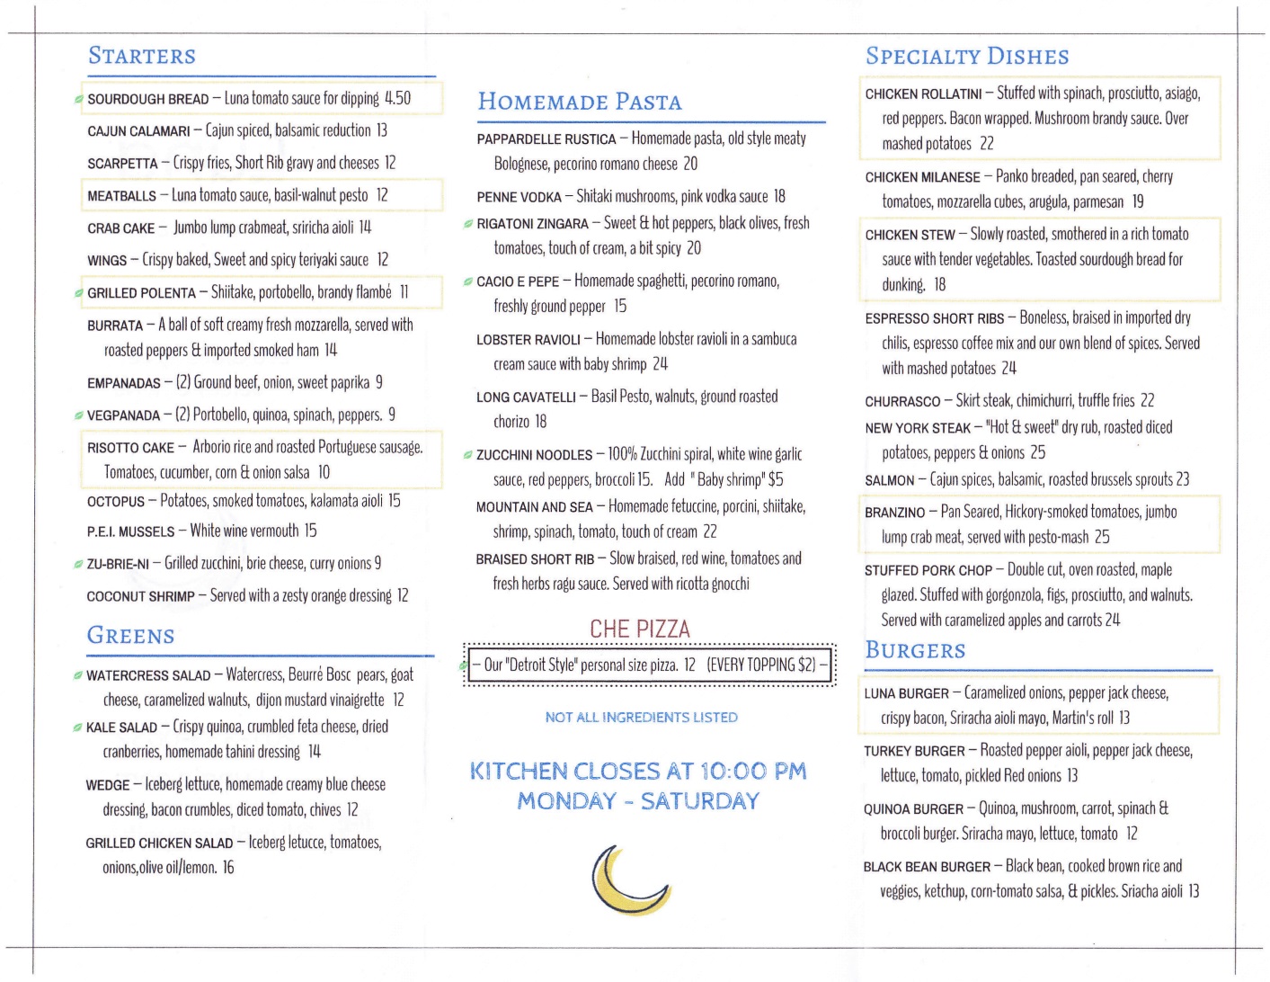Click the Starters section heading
point(142,56)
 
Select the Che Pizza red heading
point(639,629)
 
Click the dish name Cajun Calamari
point(138,131)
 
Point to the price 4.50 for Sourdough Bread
point(397,98)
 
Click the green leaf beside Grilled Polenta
point(79,293)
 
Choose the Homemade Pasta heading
point(580,102)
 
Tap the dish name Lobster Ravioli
point(528,340)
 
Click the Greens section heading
point(131,636)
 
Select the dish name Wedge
point(108,785)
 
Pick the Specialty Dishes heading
point(967,56)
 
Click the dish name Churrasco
point(902,402)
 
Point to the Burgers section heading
point(915,650)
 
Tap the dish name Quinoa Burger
point(913,809)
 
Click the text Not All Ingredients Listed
point(641,718)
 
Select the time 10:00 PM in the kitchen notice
point(753,771)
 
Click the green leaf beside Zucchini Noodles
point(468,455)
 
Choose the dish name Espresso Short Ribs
point(935,318)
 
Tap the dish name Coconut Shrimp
point(141,596)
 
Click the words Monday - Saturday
point(638,800)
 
